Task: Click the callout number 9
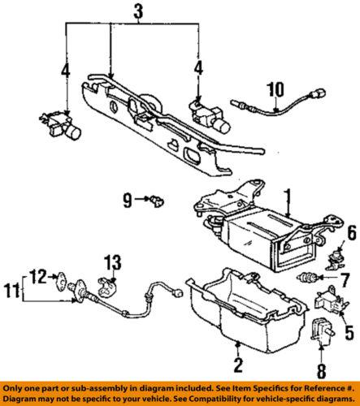(x=128, y=198)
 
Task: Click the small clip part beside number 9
(x=154, y=198)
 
